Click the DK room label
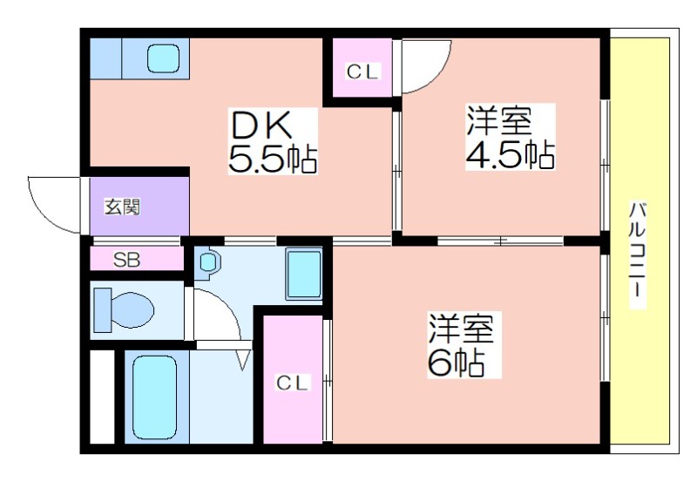tap(261, 125)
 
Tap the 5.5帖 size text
tap(273, 159)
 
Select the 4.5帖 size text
tap(511, 155)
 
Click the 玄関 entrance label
tap(122, 207)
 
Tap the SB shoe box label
tap(126, 260)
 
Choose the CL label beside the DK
tap(362, 71)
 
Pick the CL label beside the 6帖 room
tap(292, 383)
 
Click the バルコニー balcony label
tap(638, 255)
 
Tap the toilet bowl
tap(124, 309)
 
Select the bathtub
tap(155, 397)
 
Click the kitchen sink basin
tap(163, 58)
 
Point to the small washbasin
tap(207, 261)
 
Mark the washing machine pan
tap(304, 274)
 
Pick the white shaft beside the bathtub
tap(102, 397)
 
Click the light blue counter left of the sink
tap(105, 58)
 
